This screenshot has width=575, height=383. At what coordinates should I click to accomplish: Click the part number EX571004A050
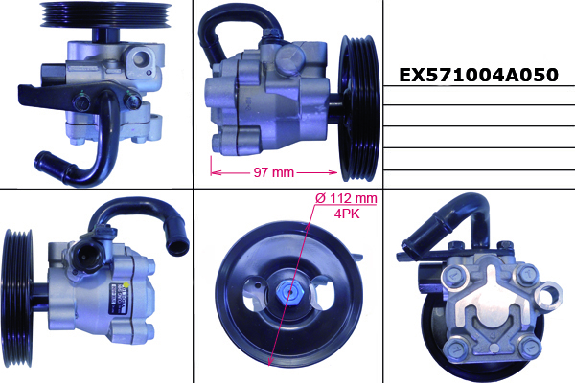(478, 75)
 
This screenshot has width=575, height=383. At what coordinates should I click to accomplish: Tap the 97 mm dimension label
(273, 172)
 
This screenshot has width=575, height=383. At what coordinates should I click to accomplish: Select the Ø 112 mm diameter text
(346, 198)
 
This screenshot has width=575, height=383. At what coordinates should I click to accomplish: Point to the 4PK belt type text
(347, 214)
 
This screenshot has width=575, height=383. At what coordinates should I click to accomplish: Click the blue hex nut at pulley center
(289, 292)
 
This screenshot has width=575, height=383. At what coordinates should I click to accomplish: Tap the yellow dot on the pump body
(126, 284)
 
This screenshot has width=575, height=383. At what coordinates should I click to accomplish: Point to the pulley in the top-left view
(105, 14)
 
